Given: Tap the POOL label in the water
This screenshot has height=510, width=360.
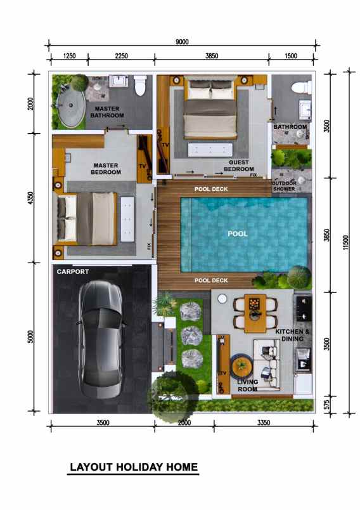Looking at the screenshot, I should (238, 233).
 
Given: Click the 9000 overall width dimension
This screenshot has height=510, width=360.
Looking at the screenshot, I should (182, 42).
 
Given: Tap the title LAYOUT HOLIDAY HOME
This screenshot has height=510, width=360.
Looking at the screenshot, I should (134, 468).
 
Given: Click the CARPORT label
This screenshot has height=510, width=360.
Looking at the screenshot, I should (73, 271).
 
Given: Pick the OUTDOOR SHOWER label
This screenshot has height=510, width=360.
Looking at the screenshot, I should (283, 186).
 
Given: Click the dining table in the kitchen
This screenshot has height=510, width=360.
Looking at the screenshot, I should (254, 313).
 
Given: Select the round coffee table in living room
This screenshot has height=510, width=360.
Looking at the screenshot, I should (241, 367).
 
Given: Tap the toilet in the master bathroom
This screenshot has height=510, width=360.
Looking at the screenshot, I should (140, 85).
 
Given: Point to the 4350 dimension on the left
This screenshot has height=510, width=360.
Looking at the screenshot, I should (30, 197).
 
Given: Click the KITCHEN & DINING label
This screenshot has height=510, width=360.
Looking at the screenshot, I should (293, 335).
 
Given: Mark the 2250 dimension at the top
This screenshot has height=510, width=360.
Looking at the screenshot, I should (121, 56).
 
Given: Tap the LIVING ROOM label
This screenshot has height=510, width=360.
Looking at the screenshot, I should (248, 386).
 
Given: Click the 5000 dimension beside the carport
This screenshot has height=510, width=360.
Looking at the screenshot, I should (30, 337).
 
